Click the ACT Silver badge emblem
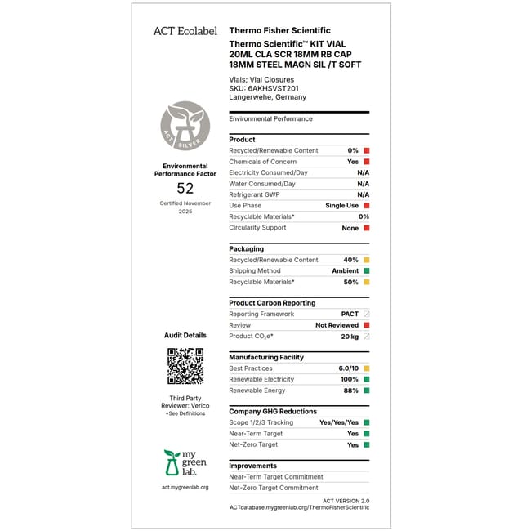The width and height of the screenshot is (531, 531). click(185, 125)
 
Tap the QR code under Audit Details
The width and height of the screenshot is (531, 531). click(185, 366)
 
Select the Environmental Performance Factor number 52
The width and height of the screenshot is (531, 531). click(185, 188)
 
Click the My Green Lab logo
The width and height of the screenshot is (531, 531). click(185, 463)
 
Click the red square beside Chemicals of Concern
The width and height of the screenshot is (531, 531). click(367, 162)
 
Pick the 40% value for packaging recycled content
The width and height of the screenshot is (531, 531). click(351, 260)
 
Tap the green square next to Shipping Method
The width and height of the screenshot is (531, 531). click(367, 271)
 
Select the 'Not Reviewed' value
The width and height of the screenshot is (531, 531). click(337, 325)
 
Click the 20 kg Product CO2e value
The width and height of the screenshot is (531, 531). click(350, 337)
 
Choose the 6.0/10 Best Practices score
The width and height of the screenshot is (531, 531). click(346, 369)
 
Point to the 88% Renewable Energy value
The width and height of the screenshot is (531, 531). click(351, 390)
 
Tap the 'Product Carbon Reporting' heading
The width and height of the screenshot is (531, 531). click(272, 303)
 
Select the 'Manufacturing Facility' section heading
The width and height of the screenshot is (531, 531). click(266, 358)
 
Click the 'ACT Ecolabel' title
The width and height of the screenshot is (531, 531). click(185, 31)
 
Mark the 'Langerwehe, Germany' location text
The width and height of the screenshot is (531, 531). click(268, 97)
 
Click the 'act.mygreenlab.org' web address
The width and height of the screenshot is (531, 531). click(185, 488)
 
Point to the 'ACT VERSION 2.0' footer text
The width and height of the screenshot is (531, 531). click(346, 500)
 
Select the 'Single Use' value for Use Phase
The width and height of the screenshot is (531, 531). click(341, 206)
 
